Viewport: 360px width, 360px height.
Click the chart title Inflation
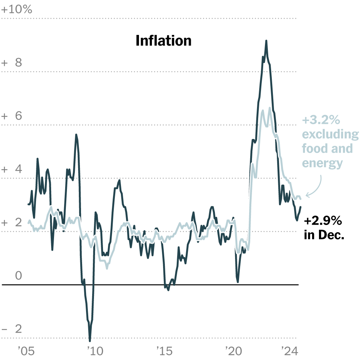pos(163,41)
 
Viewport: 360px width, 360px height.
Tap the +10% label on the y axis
pos(17,10)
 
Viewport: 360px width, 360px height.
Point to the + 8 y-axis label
pos(12,63)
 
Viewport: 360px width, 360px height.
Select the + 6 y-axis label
pos(12,116)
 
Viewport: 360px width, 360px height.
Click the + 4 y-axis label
pos(12,170)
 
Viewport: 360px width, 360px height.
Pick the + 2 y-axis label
pos(12,223)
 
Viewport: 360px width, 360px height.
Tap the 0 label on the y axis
pos(18,276)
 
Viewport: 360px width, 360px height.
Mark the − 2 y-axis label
pos(12,329)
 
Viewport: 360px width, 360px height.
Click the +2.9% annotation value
pos(323,221)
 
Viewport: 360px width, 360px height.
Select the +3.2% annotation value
pos(321,120)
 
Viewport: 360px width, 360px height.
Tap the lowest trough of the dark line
pos(90,340)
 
